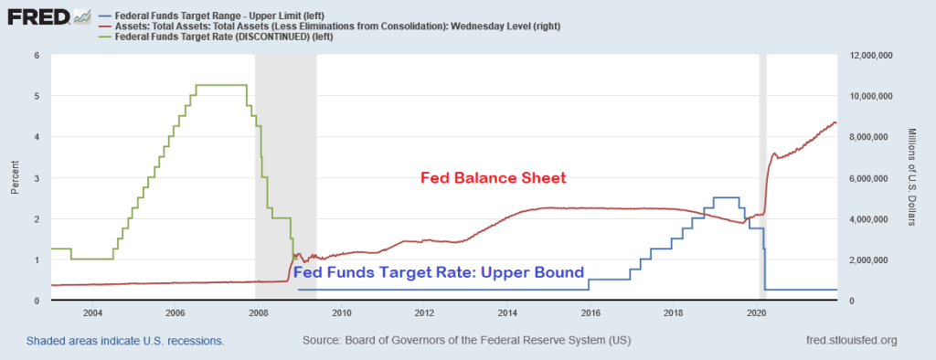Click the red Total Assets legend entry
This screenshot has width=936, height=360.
[x=329, y=26]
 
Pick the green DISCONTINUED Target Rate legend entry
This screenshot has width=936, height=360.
[x=216, y=37]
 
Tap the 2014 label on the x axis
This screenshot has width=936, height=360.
[x=506, y=312]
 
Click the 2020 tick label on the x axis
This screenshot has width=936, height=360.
[x=756, y=312]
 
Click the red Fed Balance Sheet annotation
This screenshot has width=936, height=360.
[x=494, y=178]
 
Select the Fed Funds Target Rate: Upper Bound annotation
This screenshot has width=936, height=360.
[x=439, y=273]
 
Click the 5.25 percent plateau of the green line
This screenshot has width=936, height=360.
[x=221, y=85]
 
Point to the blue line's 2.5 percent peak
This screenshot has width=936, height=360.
[x=727, y=197]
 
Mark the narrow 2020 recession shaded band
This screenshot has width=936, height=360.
[x=762, y=177]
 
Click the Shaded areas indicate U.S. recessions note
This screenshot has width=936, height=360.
[x=125, y=342]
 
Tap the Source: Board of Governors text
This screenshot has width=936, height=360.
[x=467, y=341]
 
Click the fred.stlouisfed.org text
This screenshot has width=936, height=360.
[x=852, y=341]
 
